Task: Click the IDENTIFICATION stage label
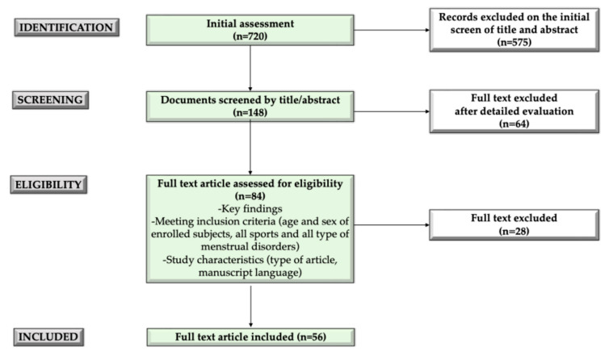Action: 66,27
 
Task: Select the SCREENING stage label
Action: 51,100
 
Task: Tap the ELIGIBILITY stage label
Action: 48,185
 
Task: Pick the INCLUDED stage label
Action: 48,337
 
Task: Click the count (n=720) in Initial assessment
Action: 250,36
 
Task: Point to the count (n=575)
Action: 514,42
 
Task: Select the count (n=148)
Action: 250,112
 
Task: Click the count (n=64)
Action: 514,123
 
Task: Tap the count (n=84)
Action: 250,196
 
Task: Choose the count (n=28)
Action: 514,231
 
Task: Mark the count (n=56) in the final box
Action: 312,337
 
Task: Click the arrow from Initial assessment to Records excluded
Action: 392,30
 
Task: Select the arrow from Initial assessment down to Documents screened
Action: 250,69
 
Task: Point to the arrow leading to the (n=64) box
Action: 392,111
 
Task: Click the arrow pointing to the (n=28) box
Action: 392,225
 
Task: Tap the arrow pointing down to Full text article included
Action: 250,307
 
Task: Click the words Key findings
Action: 252,209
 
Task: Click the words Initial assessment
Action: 250,23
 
